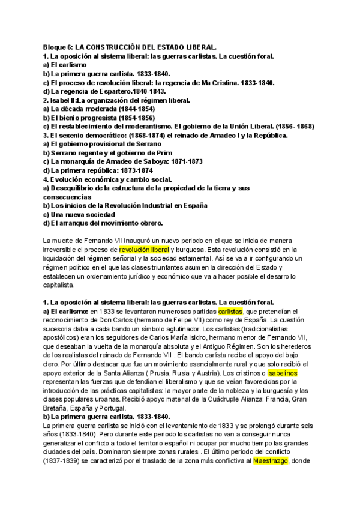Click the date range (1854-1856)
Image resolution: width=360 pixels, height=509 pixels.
[x=133, y=118]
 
